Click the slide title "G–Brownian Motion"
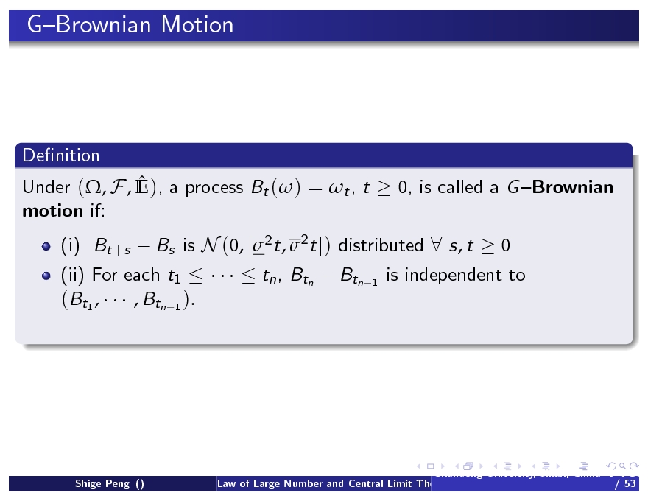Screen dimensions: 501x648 click(130, 25)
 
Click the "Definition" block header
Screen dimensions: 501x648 click(61, 155)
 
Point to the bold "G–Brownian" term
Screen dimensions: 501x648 click(560, 187)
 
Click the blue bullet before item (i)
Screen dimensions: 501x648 click(46, 246)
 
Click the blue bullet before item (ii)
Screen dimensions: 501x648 click(46, 276)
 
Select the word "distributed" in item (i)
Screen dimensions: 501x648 click(380, 245)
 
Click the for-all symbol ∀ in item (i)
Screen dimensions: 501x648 click(436, 245)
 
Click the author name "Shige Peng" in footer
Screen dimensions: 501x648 click(104, 484)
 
